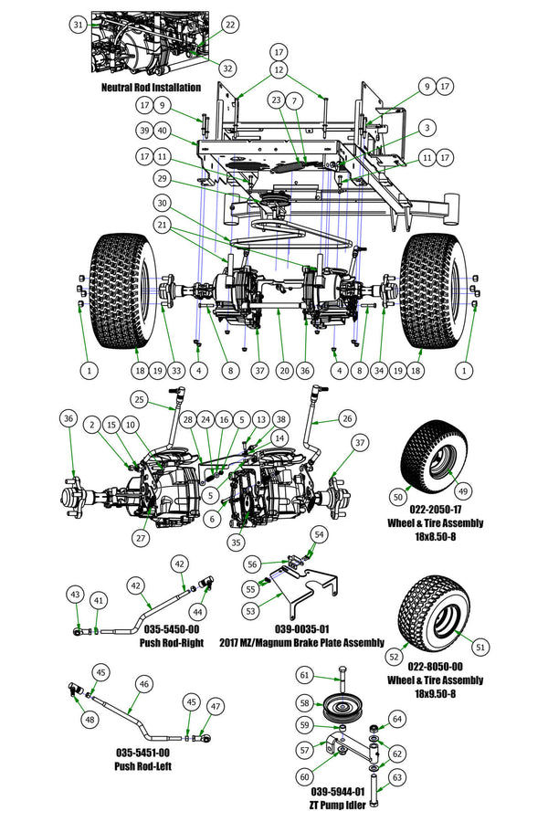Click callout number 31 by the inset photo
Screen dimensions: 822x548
[x=79, y=24]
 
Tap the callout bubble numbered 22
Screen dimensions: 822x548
[x=228, y=25]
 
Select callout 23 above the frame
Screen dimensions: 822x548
[x=277, y=100]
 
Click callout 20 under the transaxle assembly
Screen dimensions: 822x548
[x=284, y=370]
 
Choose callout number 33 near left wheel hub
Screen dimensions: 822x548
[x=176, y=370]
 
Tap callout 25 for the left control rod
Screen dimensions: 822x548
[x=139, y=398]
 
